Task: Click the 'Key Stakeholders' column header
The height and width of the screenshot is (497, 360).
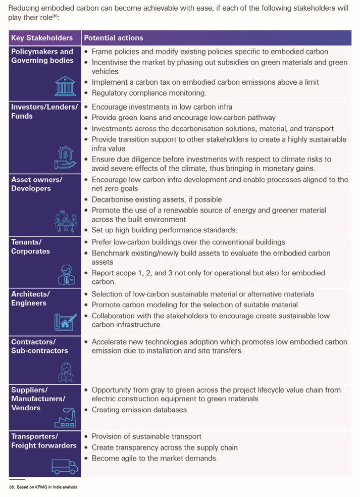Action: pos(42,38)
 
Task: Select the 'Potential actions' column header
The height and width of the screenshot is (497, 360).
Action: pos(114,38)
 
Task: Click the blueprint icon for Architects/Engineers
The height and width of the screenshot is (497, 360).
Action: pos(66,322)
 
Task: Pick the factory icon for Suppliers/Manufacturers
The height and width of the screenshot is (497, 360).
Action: pos(65,419)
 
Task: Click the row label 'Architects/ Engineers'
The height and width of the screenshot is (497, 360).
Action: pos(30,299)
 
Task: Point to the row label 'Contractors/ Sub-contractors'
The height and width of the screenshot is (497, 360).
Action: pos(39,346)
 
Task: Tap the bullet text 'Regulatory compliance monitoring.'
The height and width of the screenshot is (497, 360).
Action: pos(149,93)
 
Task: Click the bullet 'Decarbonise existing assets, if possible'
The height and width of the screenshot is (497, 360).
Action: pos(157,200)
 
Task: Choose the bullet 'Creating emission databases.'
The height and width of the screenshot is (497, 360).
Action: pos(140,410)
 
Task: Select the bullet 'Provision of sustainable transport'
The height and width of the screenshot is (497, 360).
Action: pos(146,436)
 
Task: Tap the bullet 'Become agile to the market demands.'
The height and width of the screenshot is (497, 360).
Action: pos(155,459)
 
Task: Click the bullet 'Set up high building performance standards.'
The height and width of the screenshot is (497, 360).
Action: pos(164,230)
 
